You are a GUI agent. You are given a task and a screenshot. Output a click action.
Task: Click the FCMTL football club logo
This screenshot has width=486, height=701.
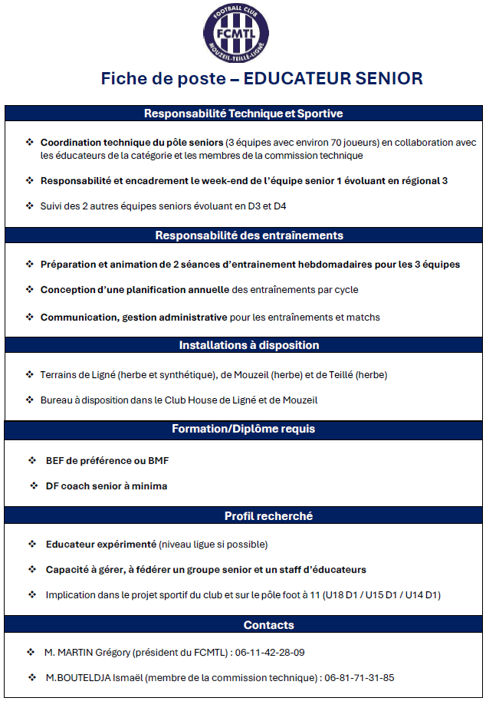coord(242,31)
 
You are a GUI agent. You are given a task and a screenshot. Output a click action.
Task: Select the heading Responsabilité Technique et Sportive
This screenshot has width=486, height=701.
coord(243,114)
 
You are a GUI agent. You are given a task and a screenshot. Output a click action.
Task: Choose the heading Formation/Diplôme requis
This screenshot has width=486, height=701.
coord(243,429)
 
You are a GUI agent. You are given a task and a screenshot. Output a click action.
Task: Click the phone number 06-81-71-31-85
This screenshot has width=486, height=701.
coord(359,678)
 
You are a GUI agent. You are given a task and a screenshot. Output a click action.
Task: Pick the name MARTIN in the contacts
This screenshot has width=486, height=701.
coord(76,653)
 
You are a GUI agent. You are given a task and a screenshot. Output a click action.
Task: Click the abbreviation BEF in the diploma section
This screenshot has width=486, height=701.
coord(54,461)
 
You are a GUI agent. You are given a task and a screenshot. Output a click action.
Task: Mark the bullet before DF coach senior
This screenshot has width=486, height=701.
coord(34,485)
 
